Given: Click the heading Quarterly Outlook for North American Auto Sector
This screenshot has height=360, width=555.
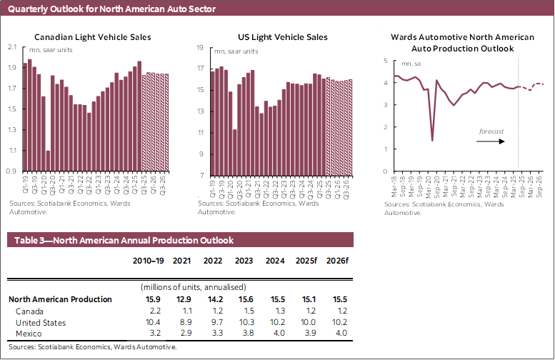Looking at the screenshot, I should click(x=107, y=9).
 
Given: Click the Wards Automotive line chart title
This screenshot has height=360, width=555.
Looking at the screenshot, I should click(x=463, y=42).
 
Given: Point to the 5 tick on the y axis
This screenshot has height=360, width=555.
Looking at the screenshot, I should click(x=386, y=61).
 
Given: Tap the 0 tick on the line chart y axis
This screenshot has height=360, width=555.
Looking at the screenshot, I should click(x=386, y=171).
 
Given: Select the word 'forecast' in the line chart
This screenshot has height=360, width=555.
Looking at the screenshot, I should click(x=491, y=131).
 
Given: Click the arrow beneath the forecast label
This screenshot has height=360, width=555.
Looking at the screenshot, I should click(x=491, y=141).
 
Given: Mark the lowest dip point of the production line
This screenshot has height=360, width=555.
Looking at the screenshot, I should click(x=432, y=140).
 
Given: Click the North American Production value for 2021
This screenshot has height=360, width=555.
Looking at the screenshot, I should click(x=182, y=299).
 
